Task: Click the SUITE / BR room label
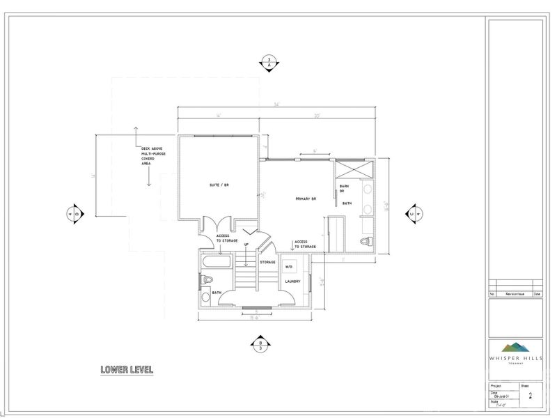(x=219, y=185)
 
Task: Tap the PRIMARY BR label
(x=306, y=199)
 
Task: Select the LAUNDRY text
(x=292, y=281)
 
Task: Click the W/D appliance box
(x=288, y=266)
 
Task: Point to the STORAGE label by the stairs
(x=268, y=262)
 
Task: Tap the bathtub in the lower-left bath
(x=216, y=264)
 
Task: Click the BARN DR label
(x=343, y=189)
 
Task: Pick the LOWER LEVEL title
(x=125, y=369)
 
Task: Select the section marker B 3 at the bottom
(x=260, y=346)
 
